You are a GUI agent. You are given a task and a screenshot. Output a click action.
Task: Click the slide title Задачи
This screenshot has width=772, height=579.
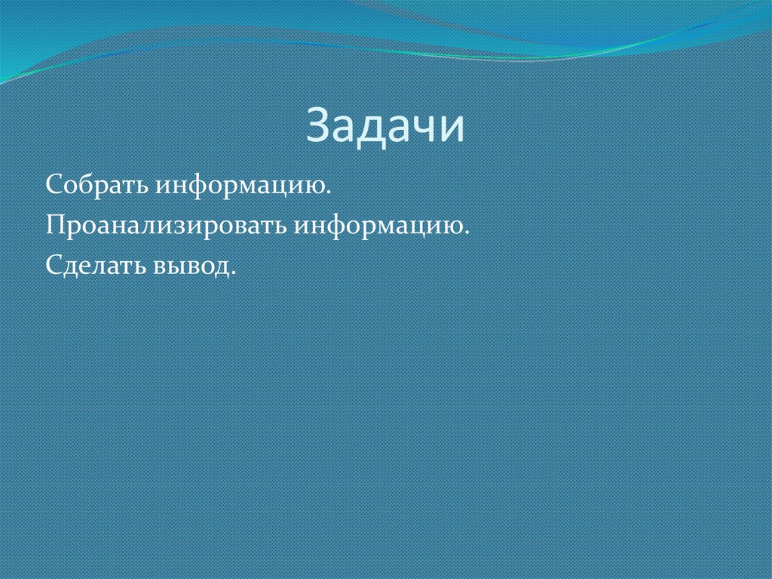coord(385,127)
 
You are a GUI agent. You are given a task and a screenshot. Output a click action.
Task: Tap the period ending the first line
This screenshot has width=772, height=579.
coord(331,193)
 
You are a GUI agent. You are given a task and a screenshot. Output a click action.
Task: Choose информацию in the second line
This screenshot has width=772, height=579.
coord(381,227)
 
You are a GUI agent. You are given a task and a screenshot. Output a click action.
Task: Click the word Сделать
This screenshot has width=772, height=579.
coord(96,266)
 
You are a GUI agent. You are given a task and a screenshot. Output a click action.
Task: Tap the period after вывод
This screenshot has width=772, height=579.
coord(233,273)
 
